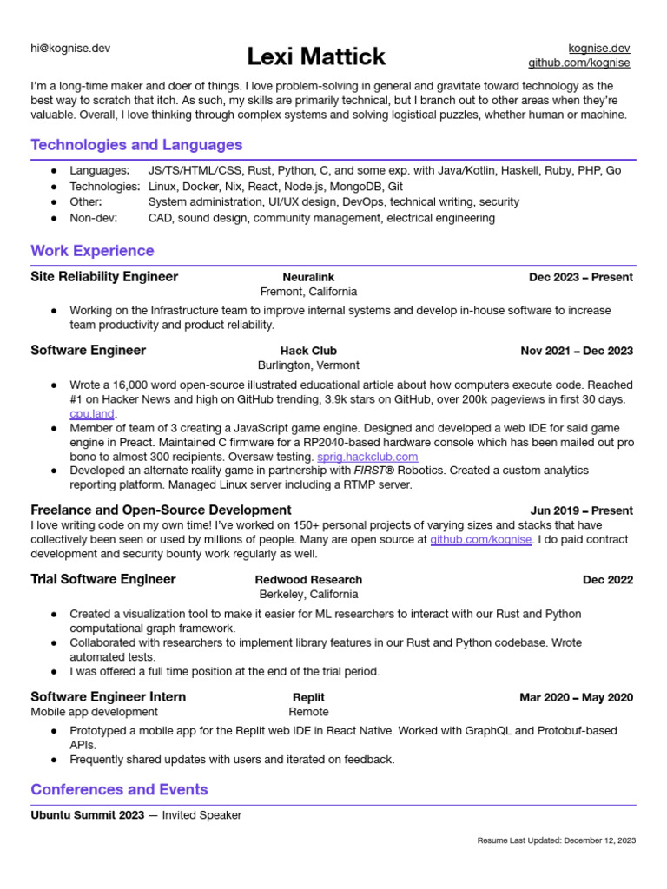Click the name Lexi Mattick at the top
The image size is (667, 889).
coord(316,57)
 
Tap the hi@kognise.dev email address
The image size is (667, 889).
coord(70,49)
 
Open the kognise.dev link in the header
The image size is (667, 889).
coord(598,48)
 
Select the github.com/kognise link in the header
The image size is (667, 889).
coord(579,63)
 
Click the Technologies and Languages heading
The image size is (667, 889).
coord(136,145)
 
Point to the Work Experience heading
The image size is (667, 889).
coord(92,251)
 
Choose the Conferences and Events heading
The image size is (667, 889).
coord(119,789)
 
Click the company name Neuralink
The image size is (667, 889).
coord(308,277)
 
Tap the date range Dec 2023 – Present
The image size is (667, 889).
coord(581,278)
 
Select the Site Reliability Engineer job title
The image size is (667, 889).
coord(104,277)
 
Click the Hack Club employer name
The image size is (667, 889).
coord(308,351)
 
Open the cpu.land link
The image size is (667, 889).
coord(92,414)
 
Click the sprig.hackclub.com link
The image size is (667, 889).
coord(367,457)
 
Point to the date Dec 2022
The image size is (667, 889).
coord(608,580)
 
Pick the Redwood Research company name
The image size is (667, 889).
coord(308,579)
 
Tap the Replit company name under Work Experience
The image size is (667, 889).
coord(308,697)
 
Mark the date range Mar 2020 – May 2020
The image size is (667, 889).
coord(576,697)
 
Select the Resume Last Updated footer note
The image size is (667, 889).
coord(557,840)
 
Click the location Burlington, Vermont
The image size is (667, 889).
coord(308,365)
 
